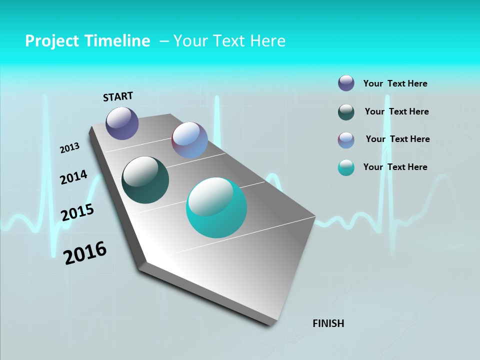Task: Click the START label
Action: point(118,96)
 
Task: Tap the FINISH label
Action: point(328,323)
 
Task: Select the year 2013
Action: point(70,148)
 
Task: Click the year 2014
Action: point(73,177)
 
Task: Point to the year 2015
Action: point(77,212)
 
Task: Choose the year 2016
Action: point(85,253)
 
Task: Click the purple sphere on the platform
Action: point(122,123)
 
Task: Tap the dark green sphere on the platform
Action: point(145,180)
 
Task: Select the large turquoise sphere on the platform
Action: point(216,207)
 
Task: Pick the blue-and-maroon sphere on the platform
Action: point(189,140)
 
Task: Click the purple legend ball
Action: point(346,83)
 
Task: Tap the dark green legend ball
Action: point(346,112)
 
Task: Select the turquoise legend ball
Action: point(346,167)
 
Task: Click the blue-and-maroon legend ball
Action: point(346,140)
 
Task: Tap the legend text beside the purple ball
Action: point(395,83)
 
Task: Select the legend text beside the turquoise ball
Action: point(395,167)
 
